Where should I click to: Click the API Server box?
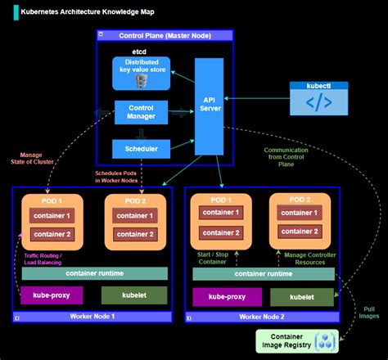tap(209, 106)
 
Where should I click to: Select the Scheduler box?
tap(141, 149)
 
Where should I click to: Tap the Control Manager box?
tap(141, 111)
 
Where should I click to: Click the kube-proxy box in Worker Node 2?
tap(219, 296)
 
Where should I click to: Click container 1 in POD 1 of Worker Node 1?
tap(52, 216)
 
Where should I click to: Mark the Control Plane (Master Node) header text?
tap(163, 36)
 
